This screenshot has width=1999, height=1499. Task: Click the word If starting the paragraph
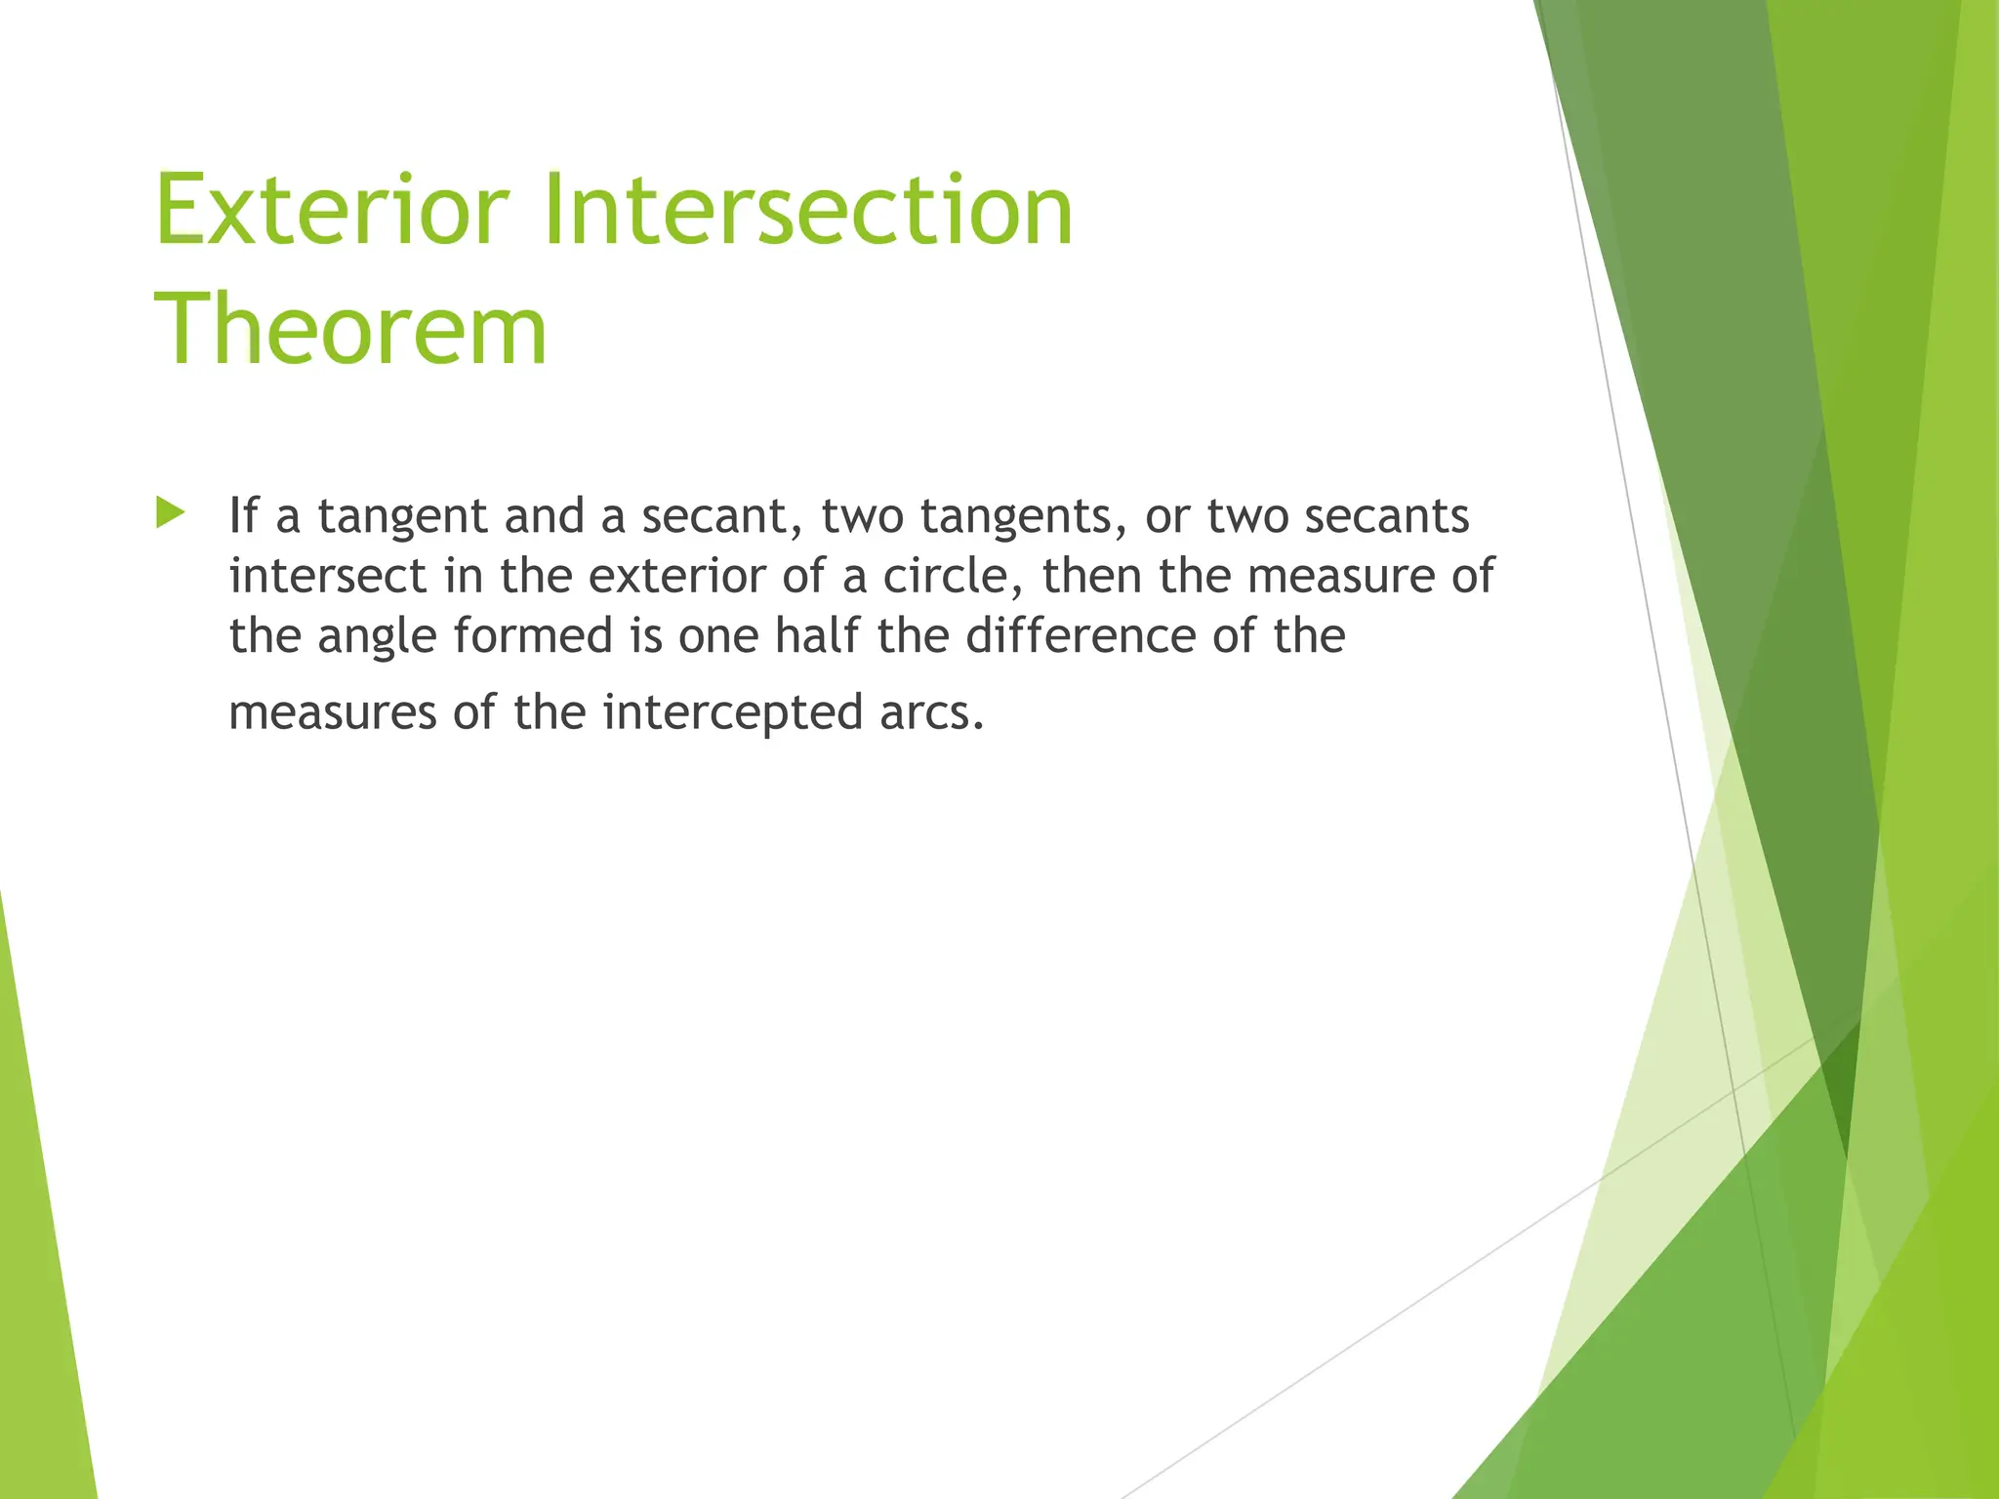click(x=244, y=515)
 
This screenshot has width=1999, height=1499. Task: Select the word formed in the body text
click(x=533, y=635)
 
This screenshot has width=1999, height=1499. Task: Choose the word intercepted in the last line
click(x=733, y=712)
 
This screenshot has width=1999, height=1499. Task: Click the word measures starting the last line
click(x=332, y=712)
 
